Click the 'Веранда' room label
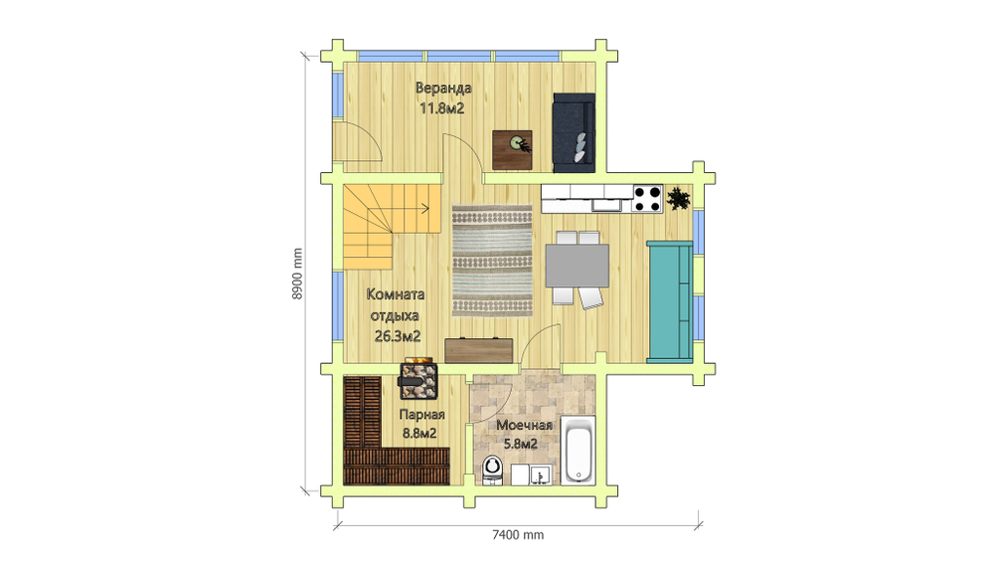point(443,88)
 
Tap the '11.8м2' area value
point(442,108)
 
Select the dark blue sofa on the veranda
point(575,132)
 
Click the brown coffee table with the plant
point(512,150)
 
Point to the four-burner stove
point(647,199)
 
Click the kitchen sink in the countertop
point(607,204)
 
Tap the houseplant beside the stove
point(679,199)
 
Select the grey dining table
point(577,266)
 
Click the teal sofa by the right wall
point(669,301)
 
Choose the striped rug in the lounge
point(492,261)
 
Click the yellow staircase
point(381,222)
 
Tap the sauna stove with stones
point(417,380)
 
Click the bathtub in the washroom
point(579,451)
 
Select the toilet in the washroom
point(492,471)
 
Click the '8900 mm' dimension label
point(297,274)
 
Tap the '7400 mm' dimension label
point(518,534)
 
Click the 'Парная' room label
point(421,415)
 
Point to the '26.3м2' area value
point(397,336)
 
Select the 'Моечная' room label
point(524,425)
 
